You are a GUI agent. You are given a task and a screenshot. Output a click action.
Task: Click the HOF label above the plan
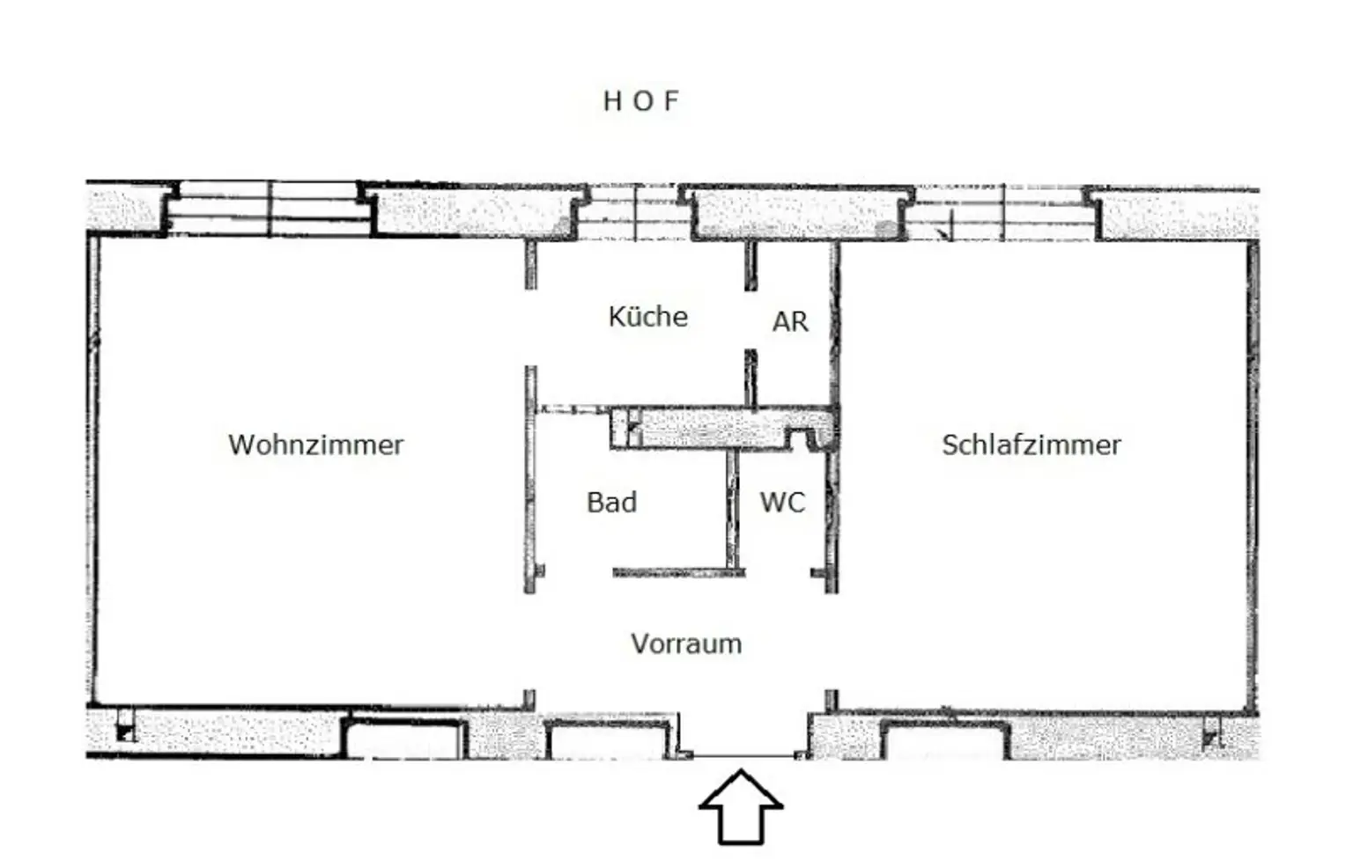[x=641, y=101]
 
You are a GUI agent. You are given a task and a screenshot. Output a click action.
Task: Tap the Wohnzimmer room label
[x=316, y=445]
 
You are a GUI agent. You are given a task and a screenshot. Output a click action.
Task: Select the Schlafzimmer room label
[x=1031, y=445]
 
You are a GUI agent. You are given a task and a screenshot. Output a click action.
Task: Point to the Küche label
[x=648, y=316]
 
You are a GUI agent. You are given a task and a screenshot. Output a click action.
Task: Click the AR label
[x=790, y=321]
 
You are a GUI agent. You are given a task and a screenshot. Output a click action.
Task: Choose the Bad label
[x=612, y=502]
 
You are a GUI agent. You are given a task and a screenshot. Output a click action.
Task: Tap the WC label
[x=783, y=502]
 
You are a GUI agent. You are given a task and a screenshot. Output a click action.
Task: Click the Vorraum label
[x=687, y=644]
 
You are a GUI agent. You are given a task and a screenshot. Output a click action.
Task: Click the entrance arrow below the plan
[x=741, y=806]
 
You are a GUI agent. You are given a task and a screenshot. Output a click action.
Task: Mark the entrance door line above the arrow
[x=744, y=755]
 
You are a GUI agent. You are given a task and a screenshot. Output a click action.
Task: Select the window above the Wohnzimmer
[x=269, y=209]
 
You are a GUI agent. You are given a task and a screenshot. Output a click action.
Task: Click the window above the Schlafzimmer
[x=1002, y=213]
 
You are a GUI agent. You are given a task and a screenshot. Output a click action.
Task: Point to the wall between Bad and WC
[x=733, y=510]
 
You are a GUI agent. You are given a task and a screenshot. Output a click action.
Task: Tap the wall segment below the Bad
[x=679, y=572]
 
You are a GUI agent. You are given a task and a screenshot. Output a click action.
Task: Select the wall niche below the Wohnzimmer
[x=403, y=739]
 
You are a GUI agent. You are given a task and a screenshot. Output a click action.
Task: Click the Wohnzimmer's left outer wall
[x=93, y=471]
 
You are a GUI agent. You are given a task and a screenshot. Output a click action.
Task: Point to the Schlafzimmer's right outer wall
[x=1253, y=477]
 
